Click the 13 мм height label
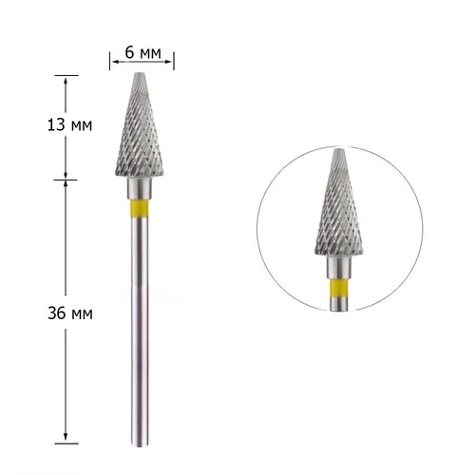click(69, 125)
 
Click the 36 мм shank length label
click(70, 313)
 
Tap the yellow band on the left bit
click(140, 208)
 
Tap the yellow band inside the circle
click(339, 288)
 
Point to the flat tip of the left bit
click(140, 73)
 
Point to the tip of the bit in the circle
click(339, 149)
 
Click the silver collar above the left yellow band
click(140, 189)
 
